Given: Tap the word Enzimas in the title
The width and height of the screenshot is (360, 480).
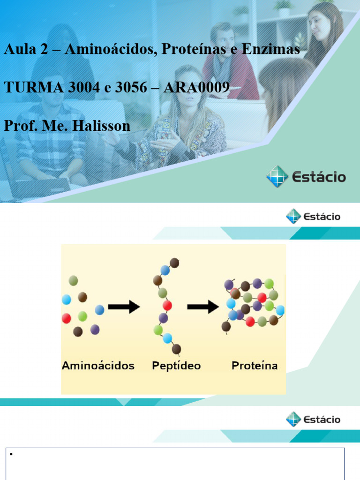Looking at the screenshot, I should tap(274, 50).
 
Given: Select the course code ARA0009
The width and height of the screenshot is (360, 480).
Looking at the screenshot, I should tap(196, 88).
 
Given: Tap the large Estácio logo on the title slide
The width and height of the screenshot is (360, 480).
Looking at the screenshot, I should tap(306, 177).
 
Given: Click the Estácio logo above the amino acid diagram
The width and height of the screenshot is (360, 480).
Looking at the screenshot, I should tap(313, 217).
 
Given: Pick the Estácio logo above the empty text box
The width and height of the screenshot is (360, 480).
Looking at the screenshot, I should tap(313, 419).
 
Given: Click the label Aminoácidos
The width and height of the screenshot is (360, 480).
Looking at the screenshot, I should tap(98, 366).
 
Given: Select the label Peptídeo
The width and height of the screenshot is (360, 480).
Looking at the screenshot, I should tap(176, 366).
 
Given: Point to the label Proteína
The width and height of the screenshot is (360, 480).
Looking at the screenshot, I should tap(255, 366).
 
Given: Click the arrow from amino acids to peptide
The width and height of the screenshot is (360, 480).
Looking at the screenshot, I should tap(124, 307).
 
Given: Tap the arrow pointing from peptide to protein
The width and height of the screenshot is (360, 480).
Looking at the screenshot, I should tap(203, 307).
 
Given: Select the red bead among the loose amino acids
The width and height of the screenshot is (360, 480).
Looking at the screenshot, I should tap(67, 318).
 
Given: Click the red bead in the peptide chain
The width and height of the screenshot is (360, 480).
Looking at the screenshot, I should tap(167, 306).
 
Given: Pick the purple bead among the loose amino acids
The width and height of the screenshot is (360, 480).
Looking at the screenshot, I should tap(95, 330).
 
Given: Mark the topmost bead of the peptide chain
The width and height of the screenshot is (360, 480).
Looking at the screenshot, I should tap(174, 262).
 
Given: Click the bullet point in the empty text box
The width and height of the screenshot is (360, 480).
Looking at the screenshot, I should tap(10, 454).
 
